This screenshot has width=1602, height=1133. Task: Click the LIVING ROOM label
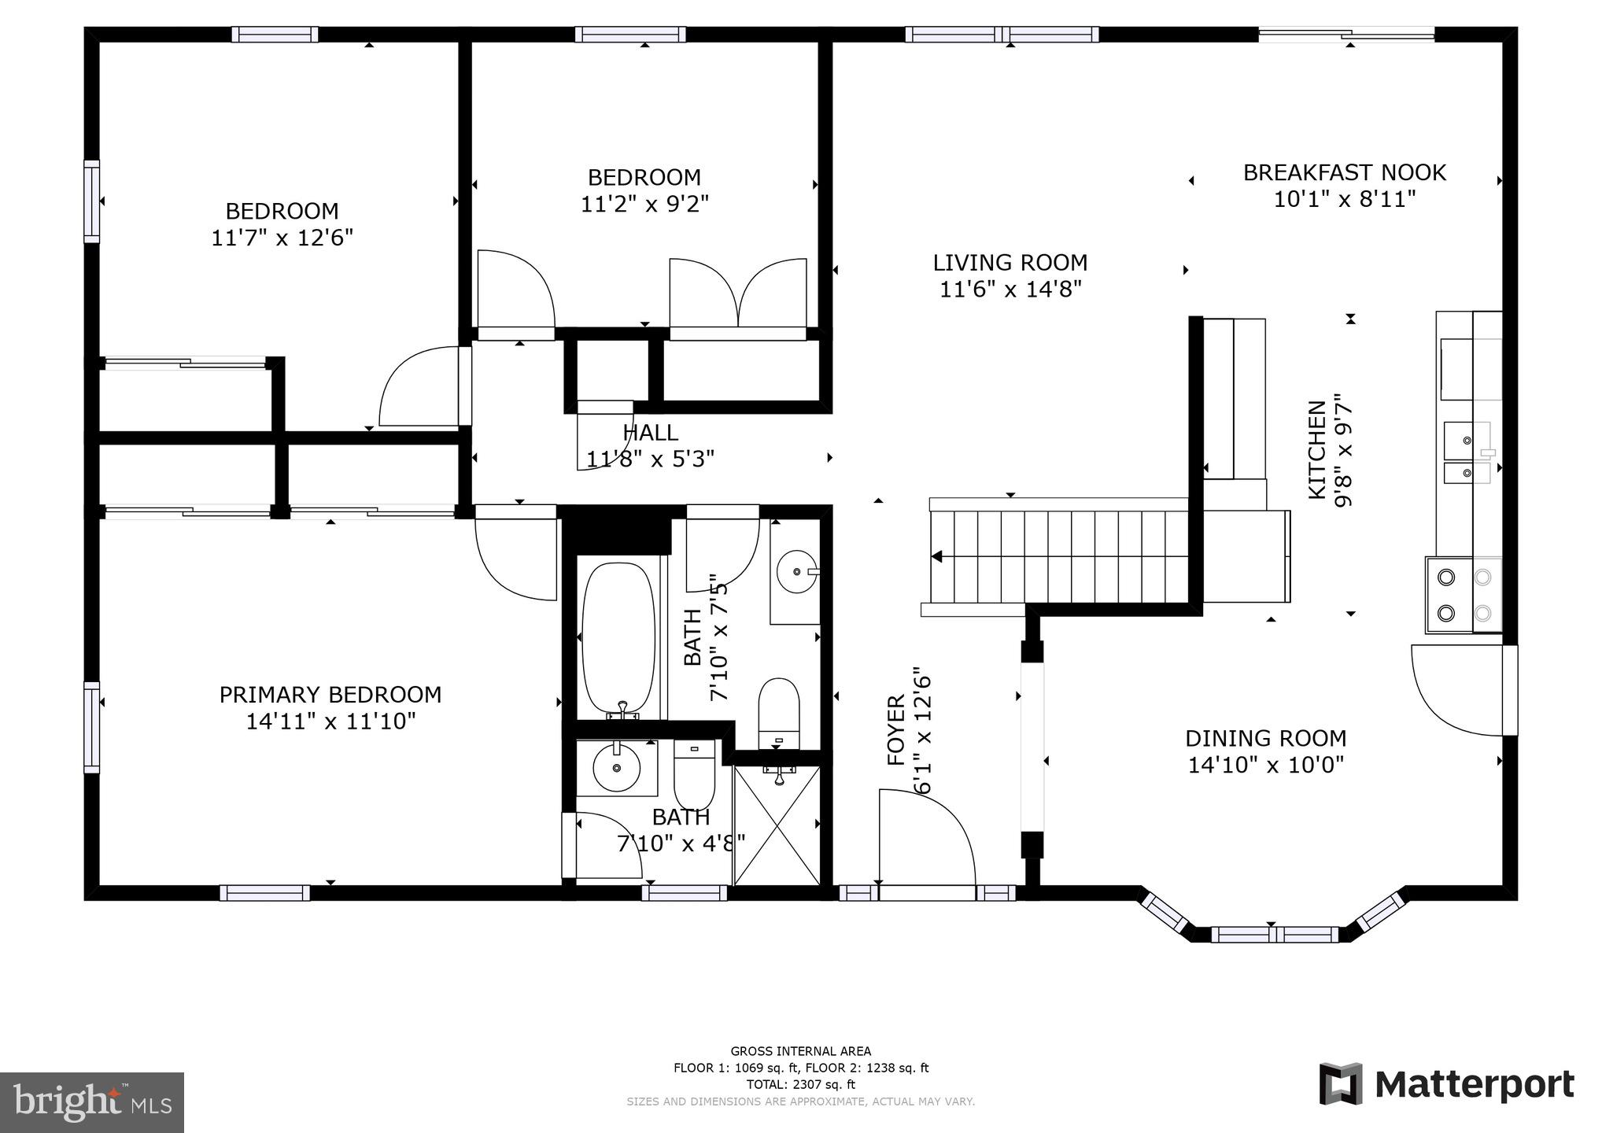pos(1010,263)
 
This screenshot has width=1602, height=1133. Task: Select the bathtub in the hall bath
pos(618,637)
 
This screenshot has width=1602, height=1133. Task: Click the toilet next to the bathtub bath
pos(779,712)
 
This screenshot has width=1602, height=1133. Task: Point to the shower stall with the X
pos(777,825)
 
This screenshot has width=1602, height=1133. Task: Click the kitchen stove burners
pos(1464,595)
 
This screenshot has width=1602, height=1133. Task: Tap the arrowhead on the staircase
pos(936,556)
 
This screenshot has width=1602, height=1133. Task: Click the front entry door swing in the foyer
pos(926,839)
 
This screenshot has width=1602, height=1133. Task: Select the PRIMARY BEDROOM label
pos(330,695)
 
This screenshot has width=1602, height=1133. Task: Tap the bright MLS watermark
pos(92,1102)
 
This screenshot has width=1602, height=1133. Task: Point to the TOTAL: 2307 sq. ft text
pos(800,1084)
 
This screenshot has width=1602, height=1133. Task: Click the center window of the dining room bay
pos(1273,935)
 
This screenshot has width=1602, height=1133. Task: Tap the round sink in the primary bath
pos(616,769)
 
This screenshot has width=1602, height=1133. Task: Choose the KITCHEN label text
pos(1316,449)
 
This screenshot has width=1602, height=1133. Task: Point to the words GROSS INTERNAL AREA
pos(800,1051)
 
